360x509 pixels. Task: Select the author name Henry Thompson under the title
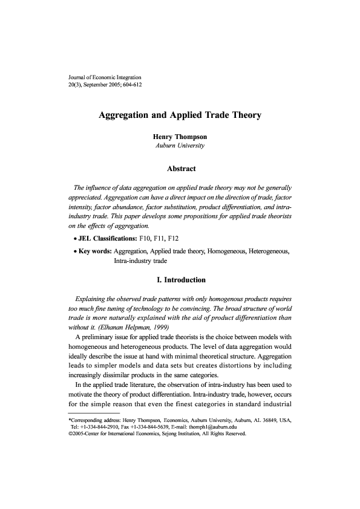coord(180,137)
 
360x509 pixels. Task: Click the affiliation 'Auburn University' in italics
coord(180,146)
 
